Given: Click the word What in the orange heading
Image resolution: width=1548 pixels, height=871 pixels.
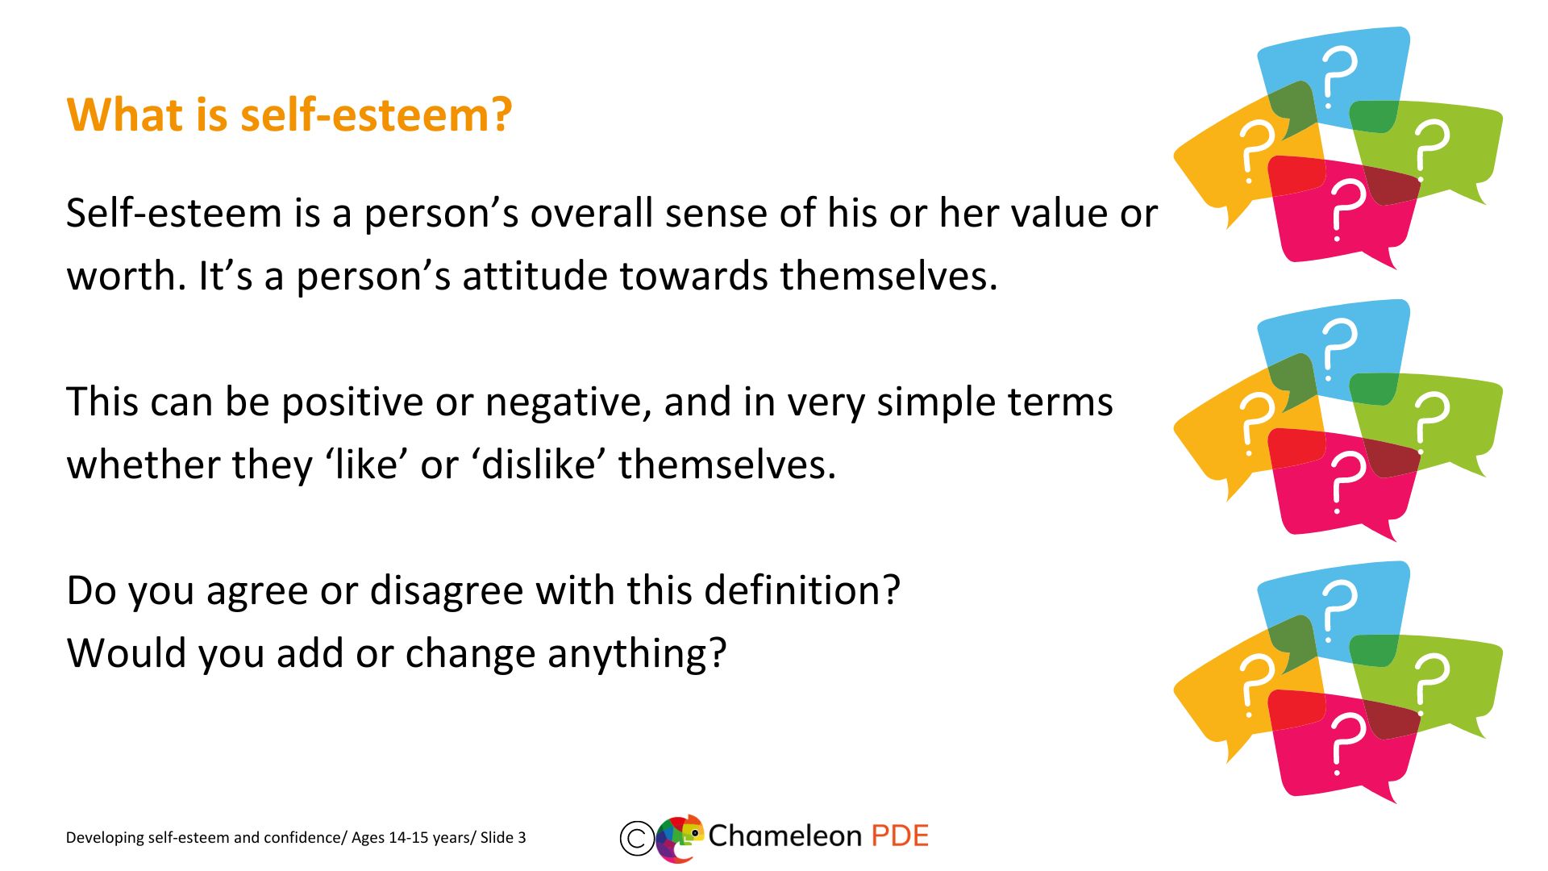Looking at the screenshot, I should (126, 115).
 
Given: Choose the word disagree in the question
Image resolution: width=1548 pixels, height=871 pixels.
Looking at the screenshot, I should (447, 591).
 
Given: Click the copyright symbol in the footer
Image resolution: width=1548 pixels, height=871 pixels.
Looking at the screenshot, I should (636, 838).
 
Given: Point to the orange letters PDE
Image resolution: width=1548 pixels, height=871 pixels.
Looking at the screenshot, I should (900, 836).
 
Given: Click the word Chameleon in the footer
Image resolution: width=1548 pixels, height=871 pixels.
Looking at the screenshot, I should (784, 836).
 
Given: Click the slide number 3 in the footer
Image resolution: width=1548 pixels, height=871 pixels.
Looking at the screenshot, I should (522, 838).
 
